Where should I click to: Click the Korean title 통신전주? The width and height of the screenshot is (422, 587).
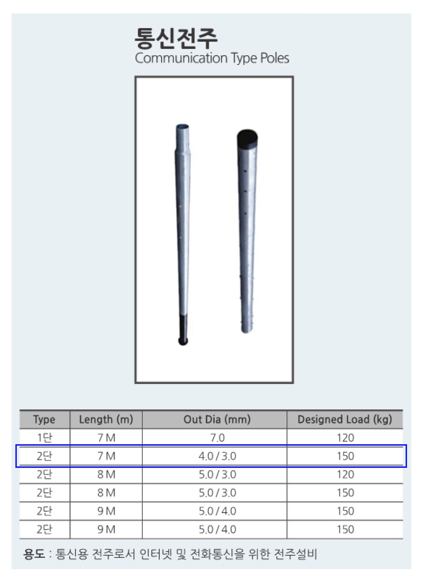coord(176,38)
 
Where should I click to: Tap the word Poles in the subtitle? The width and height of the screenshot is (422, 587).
coord(275,58)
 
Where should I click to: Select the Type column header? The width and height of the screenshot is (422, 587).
coord(44,420)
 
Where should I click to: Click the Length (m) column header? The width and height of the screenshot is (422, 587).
coord(106,420)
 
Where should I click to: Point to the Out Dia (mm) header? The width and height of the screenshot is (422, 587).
coord(217,420)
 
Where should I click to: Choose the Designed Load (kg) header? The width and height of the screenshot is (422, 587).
coord(345,420)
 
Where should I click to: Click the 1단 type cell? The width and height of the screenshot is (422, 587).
coord(45,438)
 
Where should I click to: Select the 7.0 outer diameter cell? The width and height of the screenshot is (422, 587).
coord(217,438)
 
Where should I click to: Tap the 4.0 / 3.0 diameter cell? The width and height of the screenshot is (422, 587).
coord(217,456)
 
